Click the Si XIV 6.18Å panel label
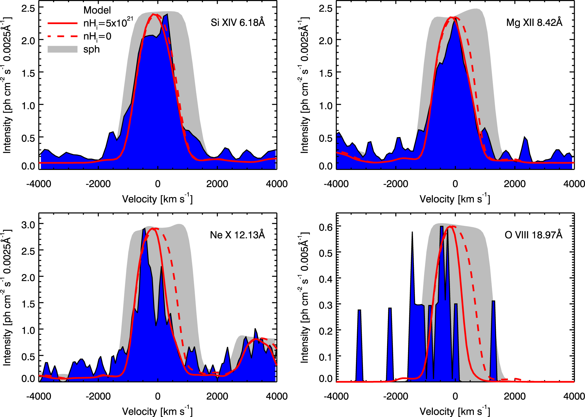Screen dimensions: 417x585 click(x=238, y=22)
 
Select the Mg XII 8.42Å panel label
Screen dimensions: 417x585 click(x=534, y=22)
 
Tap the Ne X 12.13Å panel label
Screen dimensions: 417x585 click(x=237, y=235)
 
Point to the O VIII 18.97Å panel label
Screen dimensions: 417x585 click(x=533, y=235)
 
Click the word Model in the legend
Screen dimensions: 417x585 click(x=97, y=10)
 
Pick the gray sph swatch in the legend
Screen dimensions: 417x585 click(x=63, y=49)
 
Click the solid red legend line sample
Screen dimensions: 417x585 click(x=63, y=23)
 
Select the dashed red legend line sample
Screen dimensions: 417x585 click(x=63, y=36)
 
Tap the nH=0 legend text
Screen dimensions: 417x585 click(x=97, y=37)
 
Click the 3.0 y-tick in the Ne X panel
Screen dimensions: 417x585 click(x=28, y=225)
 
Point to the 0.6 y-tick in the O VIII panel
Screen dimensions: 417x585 click(x=326, y=227)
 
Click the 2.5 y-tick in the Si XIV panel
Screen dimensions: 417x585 click(x=28, y=8)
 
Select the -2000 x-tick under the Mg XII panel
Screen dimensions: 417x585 click(x=396, y=184)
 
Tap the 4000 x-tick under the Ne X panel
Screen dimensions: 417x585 click(x=276, y=396)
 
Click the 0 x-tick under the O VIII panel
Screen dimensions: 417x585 click(x=455, y=396)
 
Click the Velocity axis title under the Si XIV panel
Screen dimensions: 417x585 click(x=157, y=199)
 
